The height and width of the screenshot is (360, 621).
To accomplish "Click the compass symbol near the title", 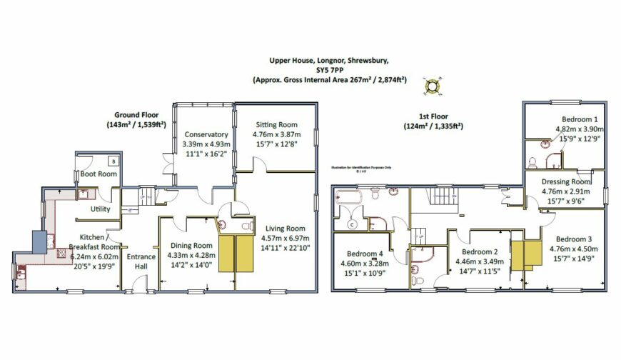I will pos(432,86).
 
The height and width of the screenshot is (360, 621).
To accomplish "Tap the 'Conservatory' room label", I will pos(206,134).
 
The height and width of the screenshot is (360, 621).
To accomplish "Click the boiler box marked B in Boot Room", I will pos(113,161).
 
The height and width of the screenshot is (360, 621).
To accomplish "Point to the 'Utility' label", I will pos(100,209).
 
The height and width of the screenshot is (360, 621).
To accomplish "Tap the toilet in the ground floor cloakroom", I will pos(246,226).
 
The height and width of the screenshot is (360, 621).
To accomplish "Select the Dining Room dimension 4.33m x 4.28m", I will pos(186,254).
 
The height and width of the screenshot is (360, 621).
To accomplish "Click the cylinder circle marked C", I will pos(351,224).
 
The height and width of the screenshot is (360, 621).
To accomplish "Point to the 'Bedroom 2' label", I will pos(479,252).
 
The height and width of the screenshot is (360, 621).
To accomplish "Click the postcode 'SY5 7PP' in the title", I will pos(329,71).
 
